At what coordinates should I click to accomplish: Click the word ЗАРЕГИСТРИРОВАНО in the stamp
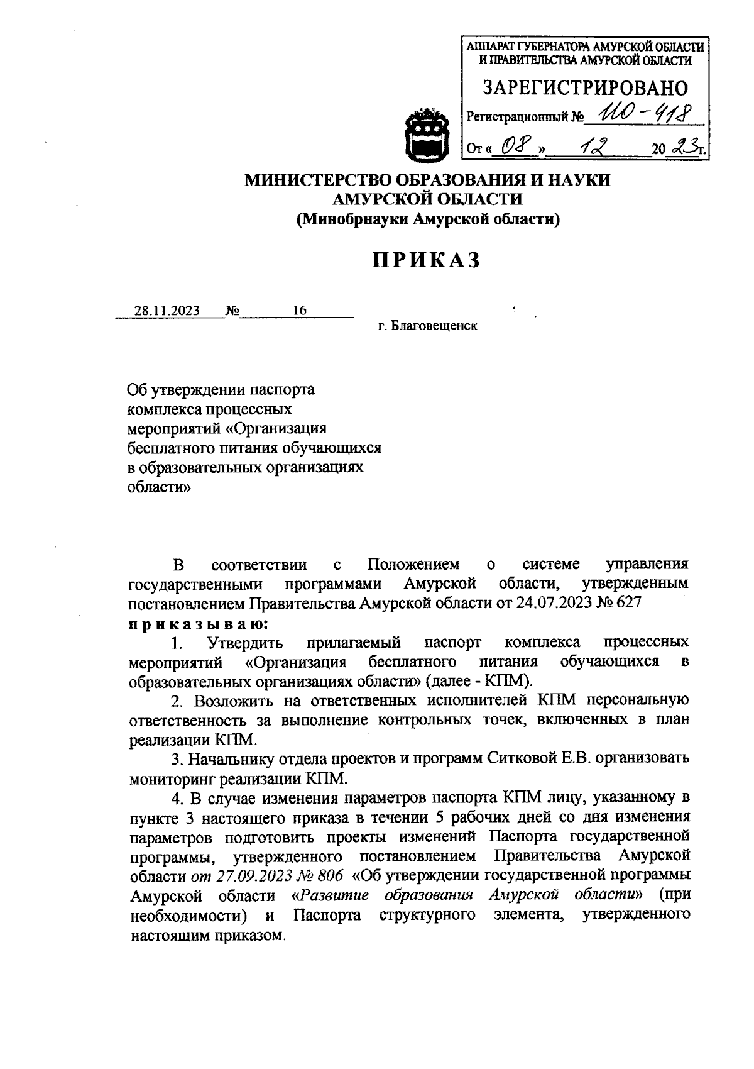point(584,88)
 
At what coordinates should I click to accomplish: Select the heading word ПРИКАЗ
point(427,260)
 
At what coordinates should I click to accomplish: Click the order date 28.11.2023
point(167,311)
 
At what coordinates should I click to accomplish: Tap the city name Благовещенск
point(434,326)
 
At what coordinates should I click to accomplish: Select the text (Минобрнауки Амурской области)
point(427,219)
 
